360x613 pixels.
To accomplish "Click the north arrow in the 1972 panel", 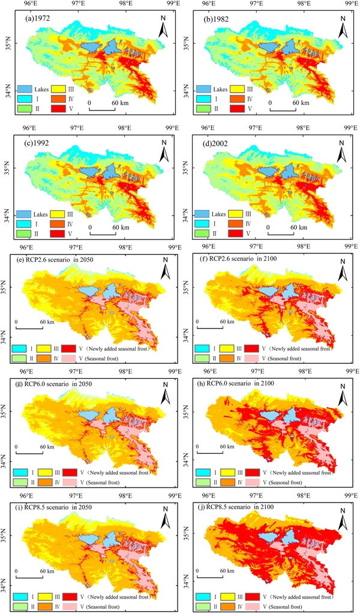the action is point(163,28).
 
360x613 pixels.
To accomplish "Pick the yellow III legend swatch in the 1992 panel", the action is point(57,214).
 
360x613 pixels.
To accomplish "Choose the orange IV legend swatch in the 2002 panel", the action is point(236,223).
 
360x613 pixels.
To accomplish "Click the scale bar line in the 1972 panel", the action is point(102,109).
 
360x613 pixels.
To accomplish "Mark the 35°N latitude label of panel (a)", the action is point(11,42).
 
